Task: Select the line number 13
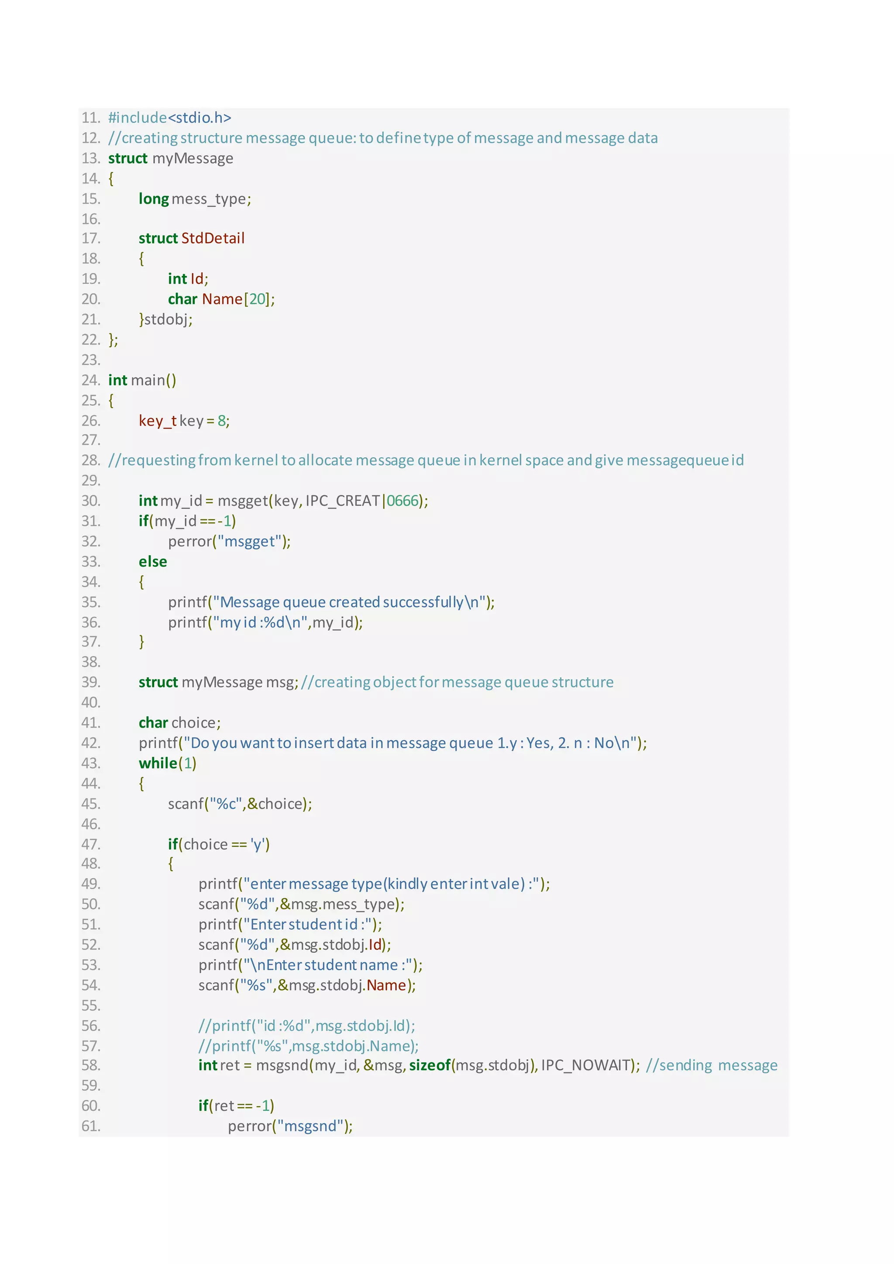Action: tap(90, 158)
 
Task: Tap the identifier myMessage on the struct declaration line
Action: tap(193, 158)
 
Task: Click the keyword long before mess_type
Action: tap(154, 199)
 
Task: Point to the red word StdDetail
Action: tap(213, 238)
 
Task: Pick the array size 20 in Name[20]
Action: tap(257, 299)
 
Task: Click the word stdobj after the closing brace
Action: tap(166, 319)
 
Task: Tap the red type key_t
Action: tap(158, 421)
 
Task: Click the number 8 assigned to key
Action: tap(222, 421)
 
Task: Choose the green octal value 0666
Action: tap(402, 501)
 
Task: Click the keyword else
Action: tap(152, 562)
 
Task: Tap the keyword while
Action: tap(158, 763)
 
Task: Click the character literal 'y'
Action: tap(257, 845)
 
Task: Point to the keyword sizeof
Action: tap(430, 1065)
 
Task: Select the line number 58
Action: tap(90, 1065)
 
